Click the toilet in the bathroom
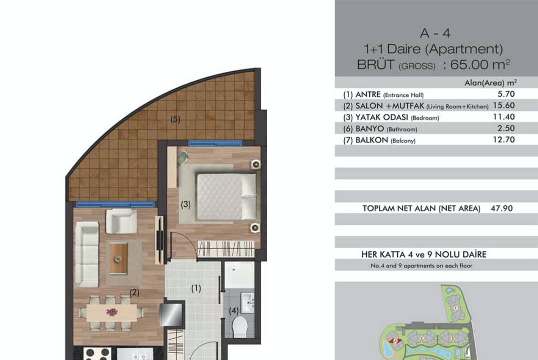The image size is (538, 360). [240, 326]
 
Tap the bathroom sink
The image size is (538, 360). [247, 301]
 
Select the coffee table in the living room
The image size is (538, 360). [119, 257]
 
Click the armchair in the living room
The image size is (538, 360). [121, 221]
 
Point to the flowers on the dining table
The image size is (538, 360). [112, 312]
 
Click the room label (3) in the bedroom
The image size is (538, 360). [186, 204]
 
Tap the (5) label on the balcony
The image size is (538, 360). [175, 119]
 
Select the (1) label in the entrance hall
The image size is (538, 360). [196, 288]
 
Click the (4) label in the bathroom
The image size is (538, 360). [234, 311]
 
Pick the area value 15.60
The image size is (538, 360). [503, 105]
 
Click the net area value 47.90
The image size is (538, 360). [501, 208]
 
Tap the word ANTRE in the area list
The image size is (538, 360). [368, 94]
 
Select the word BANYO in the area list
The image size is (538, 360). [369, 128]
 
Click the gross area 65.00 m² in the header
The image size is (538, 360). [480, 64]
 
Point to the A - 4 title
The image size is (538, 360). [435, 33]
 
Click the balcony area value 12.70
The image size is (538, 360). [503, 139]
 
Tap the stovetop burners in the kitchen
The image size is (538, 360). [97, 354]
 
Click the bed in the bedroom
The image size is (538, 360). [226, 197]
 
